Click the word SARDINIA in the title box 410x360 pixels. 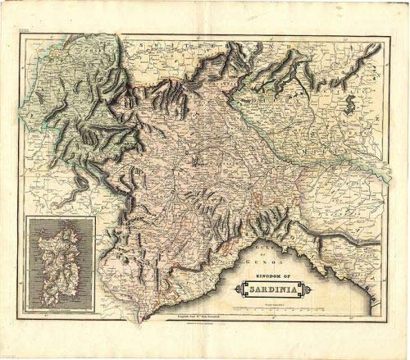coord(270,289)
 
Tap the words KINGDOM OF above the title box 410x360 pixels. coord(270,276)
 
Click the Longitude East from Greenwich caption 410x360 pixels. coord(200,317)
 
